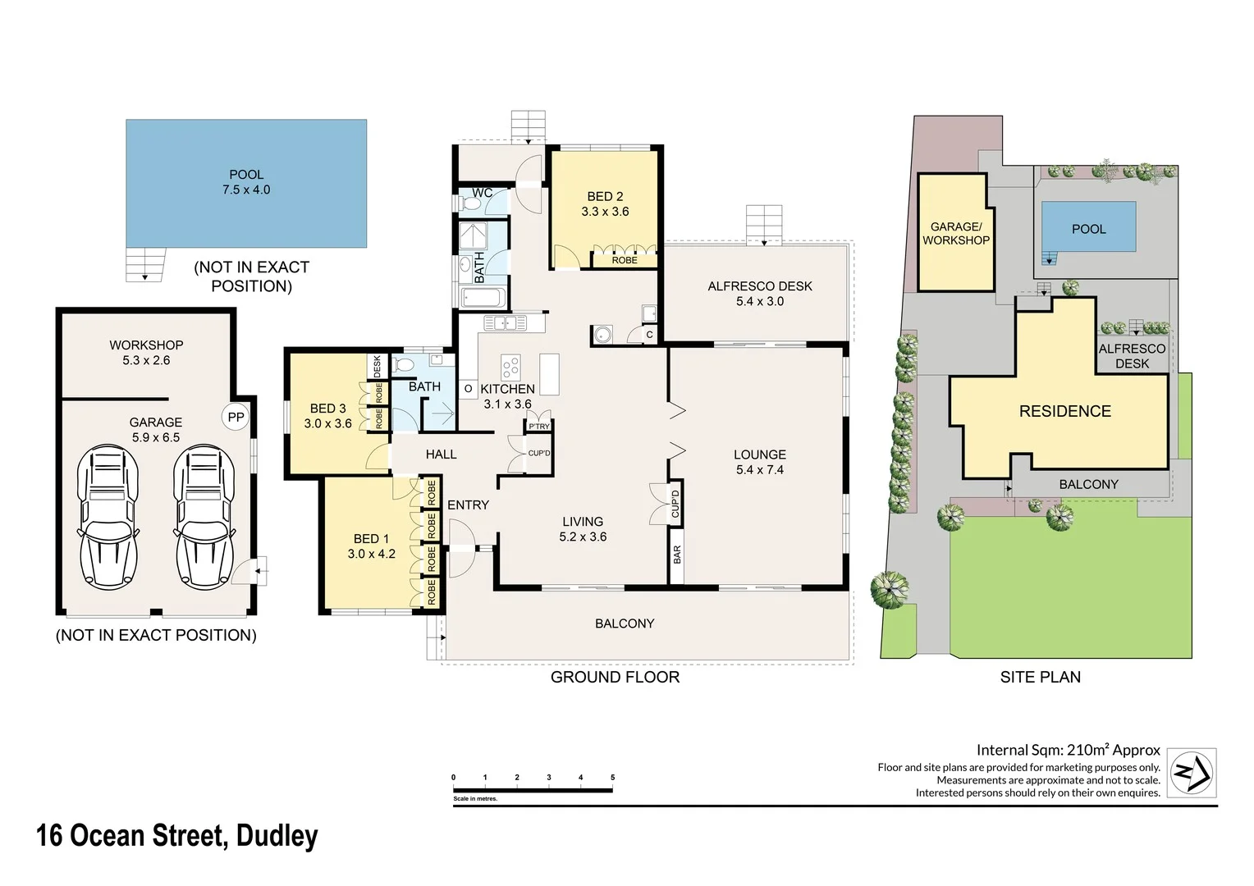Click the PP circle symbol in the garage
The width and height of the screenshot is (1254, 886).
pyautogui.click(x=236, y=417)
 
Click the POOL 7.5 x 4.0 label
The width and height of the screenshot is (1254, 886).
pyautogui.click(x=246, y=182)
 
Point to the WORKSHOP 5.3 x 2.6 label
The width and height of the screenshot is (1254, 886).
pyautogui.click(x=146, y=353)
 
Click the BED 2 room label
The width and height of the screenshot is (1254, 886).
pyautogui.click(x=605, y=203)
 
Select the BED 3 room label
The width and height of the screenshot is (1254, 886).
pyautogui.click(x=327, y=416)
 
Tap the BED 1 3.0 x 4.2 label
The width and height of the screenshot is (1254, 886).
pyautogui.click(x=371, y=546)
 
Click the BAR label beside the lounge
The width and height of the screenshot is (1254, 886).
pyautogui.click(x=677, y=555)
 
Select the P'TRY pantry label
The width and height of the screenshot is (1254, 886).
pyautogui.click(x=539, y=427)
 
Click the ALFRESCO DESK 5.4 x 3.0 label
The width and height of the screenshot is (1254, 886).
pyautogui.click(x=760, y=294)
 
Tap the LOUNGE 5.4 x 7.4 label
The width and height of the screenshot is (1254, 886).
pyautogui.click(x=760, y=462)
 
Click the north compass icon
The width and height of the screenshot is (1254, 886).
pyautogui.click(x=1191, y=772)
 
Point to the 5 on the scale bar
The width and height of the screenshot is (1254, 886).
pyautogui.click(x=612, y=777)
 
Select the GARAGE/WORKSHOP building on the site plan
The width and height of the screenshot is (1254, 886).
pyautogui.click(x=956, y=233)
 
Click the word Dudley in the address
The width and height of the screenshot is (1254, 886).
pyautogui.click(x=277, y=836)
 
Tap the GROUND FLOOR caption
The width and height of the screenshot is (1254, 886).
pyautogui.click(x=615, y=677)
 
